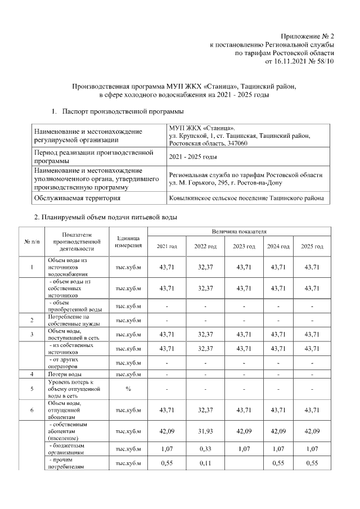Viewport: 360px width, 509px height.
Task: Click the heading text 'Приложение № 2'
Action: tap(307, 35)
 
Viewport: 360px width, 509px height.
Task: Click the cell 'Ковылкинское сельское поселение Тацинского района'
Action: tap(246, 198)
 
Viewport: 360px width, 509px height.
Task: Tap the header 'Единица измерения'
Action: tap(128, 242)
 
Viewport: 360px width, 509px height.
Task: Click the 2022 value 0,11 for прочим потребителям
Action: tap(205, 463)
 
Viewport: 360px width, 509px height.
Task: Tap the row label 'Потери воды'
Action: tap(65, 373)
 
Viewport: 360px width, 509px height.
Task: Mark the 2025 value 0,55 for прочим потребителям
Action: tap(312, 463)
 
